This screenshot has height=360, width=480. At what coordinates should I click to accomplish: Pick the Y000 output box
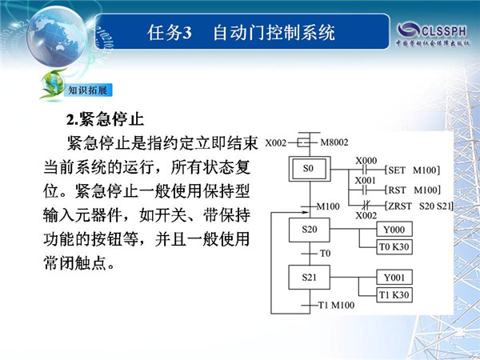coord(394,230)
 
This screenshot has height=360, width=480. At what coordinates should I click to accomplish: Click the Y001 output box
coord(394,278)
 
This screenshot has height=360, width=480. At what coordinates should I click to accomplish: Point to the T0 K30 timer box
coord(394,246)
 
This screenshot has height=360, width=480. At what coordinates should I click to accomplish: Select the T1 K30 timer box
coord(394,294)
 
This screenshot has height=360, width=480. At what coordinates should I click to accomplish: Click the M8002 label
coord(334,142)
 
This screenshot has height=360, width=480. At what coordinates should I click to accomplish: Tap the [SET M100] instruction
coord(413,170)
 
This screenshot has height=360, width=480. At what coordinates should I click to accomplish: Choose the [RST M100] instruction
coord(413,190)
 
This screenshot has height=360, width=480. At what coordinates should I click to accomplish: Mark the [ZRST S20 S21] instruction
coord(419,206)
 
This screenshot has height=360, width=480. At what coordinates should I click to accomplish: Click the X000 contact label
coord(366,161)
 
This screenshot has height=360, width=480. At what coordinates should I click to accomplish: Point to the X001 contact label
coord(366,180)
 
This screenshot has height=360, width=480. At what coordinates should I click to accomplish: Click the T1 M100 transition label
coord(337,305)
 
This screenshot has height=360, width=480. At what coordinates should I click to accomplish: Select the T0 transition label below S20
coord(325,253)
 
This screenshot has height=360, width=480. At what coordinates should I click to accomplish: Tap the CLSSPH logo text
coord(444,31)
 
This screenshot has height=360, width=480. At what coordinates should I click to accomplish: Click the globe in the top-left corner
coord(57,36)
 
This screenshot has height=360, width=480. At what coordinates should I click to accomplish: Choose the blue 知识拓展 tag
coord(88,90)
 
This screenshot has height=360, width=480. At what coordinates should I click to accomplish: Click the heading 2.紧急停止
coord(105,119)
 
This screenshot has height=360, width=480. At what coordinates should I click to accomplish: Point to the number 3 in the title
coord(186,33)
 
